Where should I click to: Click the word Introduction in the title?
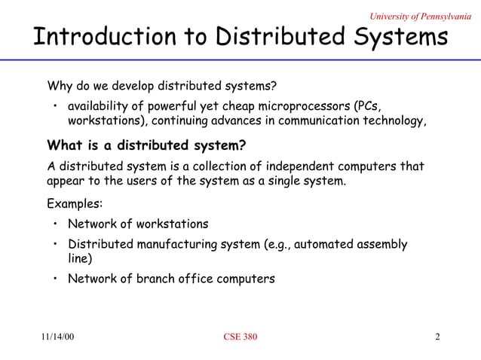pos(93,38)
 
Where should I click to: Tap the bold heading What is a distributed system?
pos(146,145)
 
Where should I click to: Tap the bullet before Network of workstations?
pos(56,224)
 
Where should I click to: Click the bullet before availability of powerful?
pos(56,105)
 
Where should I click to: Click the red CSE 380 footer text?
pos(240,337)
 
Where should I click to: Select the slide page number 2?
pos(438,337)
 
